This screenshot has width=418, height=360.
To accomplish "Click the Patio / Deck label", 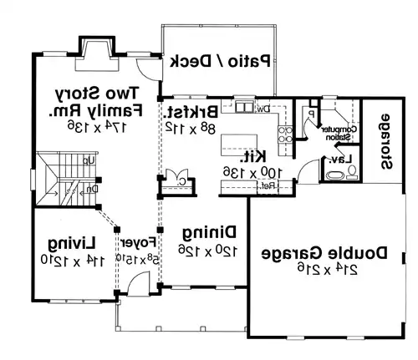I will (x=221, y=61).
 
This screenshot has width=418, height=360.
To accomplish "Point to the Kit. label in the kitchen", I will (x=253, y=155).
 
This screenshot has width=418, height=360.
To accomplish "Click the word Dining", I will (x=207, y=232).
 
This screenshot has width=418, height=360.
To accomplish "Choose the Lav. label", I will (x=339, y=159).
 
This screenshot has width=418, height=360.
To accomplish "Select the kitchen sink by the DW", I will (x=243, y=107).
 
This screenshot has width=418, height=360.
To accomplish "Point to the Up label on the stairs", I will (x=89, y=159).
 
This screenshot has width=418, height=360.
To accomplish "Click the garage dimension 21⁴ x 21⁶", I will (x=321, y=268).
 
